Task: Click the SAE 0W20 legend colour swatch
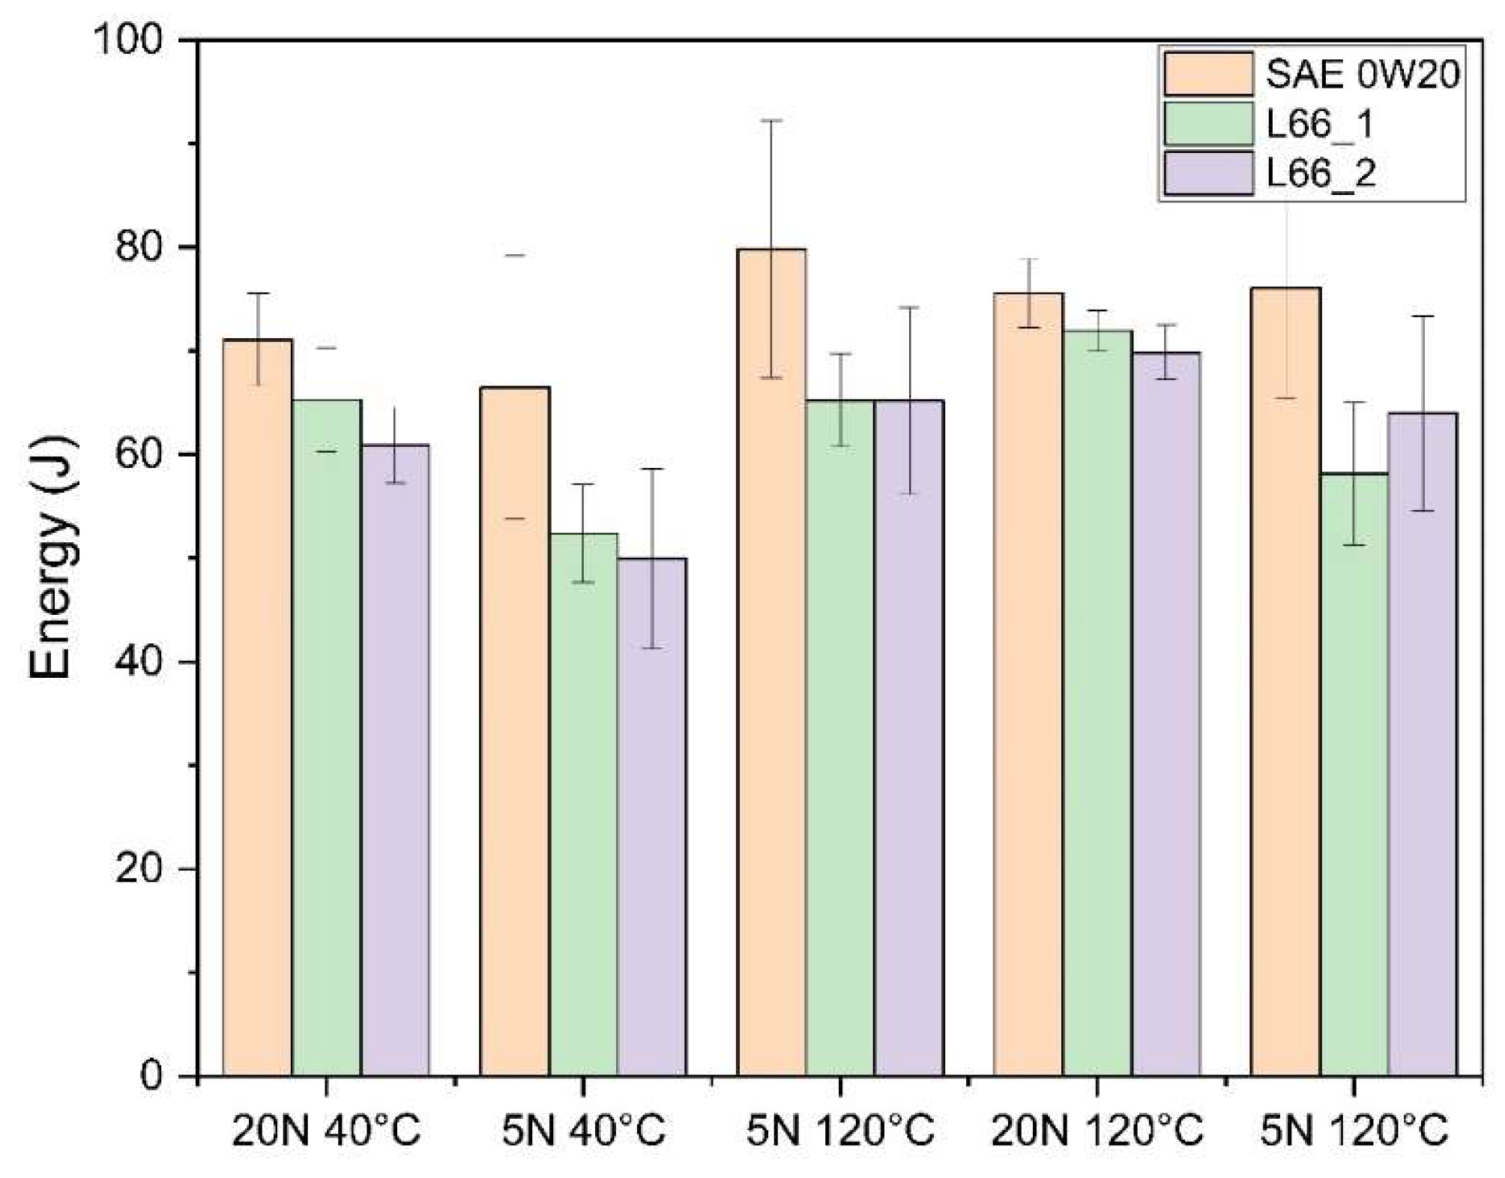point(1208,73)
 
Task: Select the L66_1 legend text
point(1320,124)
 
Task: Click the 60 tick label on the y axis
point(139,454)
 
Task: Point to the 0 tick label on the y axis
point(151,1077)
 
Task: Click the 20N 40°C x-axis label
point(326,1131)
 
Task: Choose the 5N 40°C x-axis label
point(583,1131)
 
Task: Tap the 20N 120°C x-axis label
point(1097,1131)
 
